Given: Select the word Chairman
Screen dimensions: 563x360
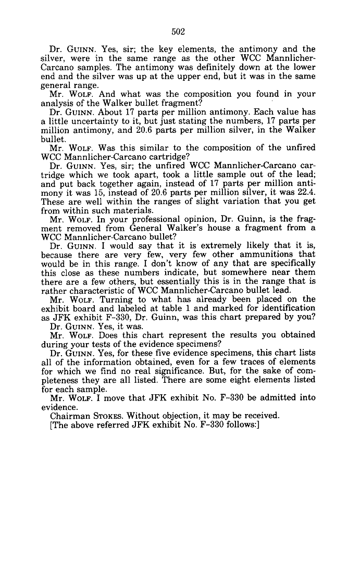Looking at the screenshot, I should [x=71, y=415].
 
